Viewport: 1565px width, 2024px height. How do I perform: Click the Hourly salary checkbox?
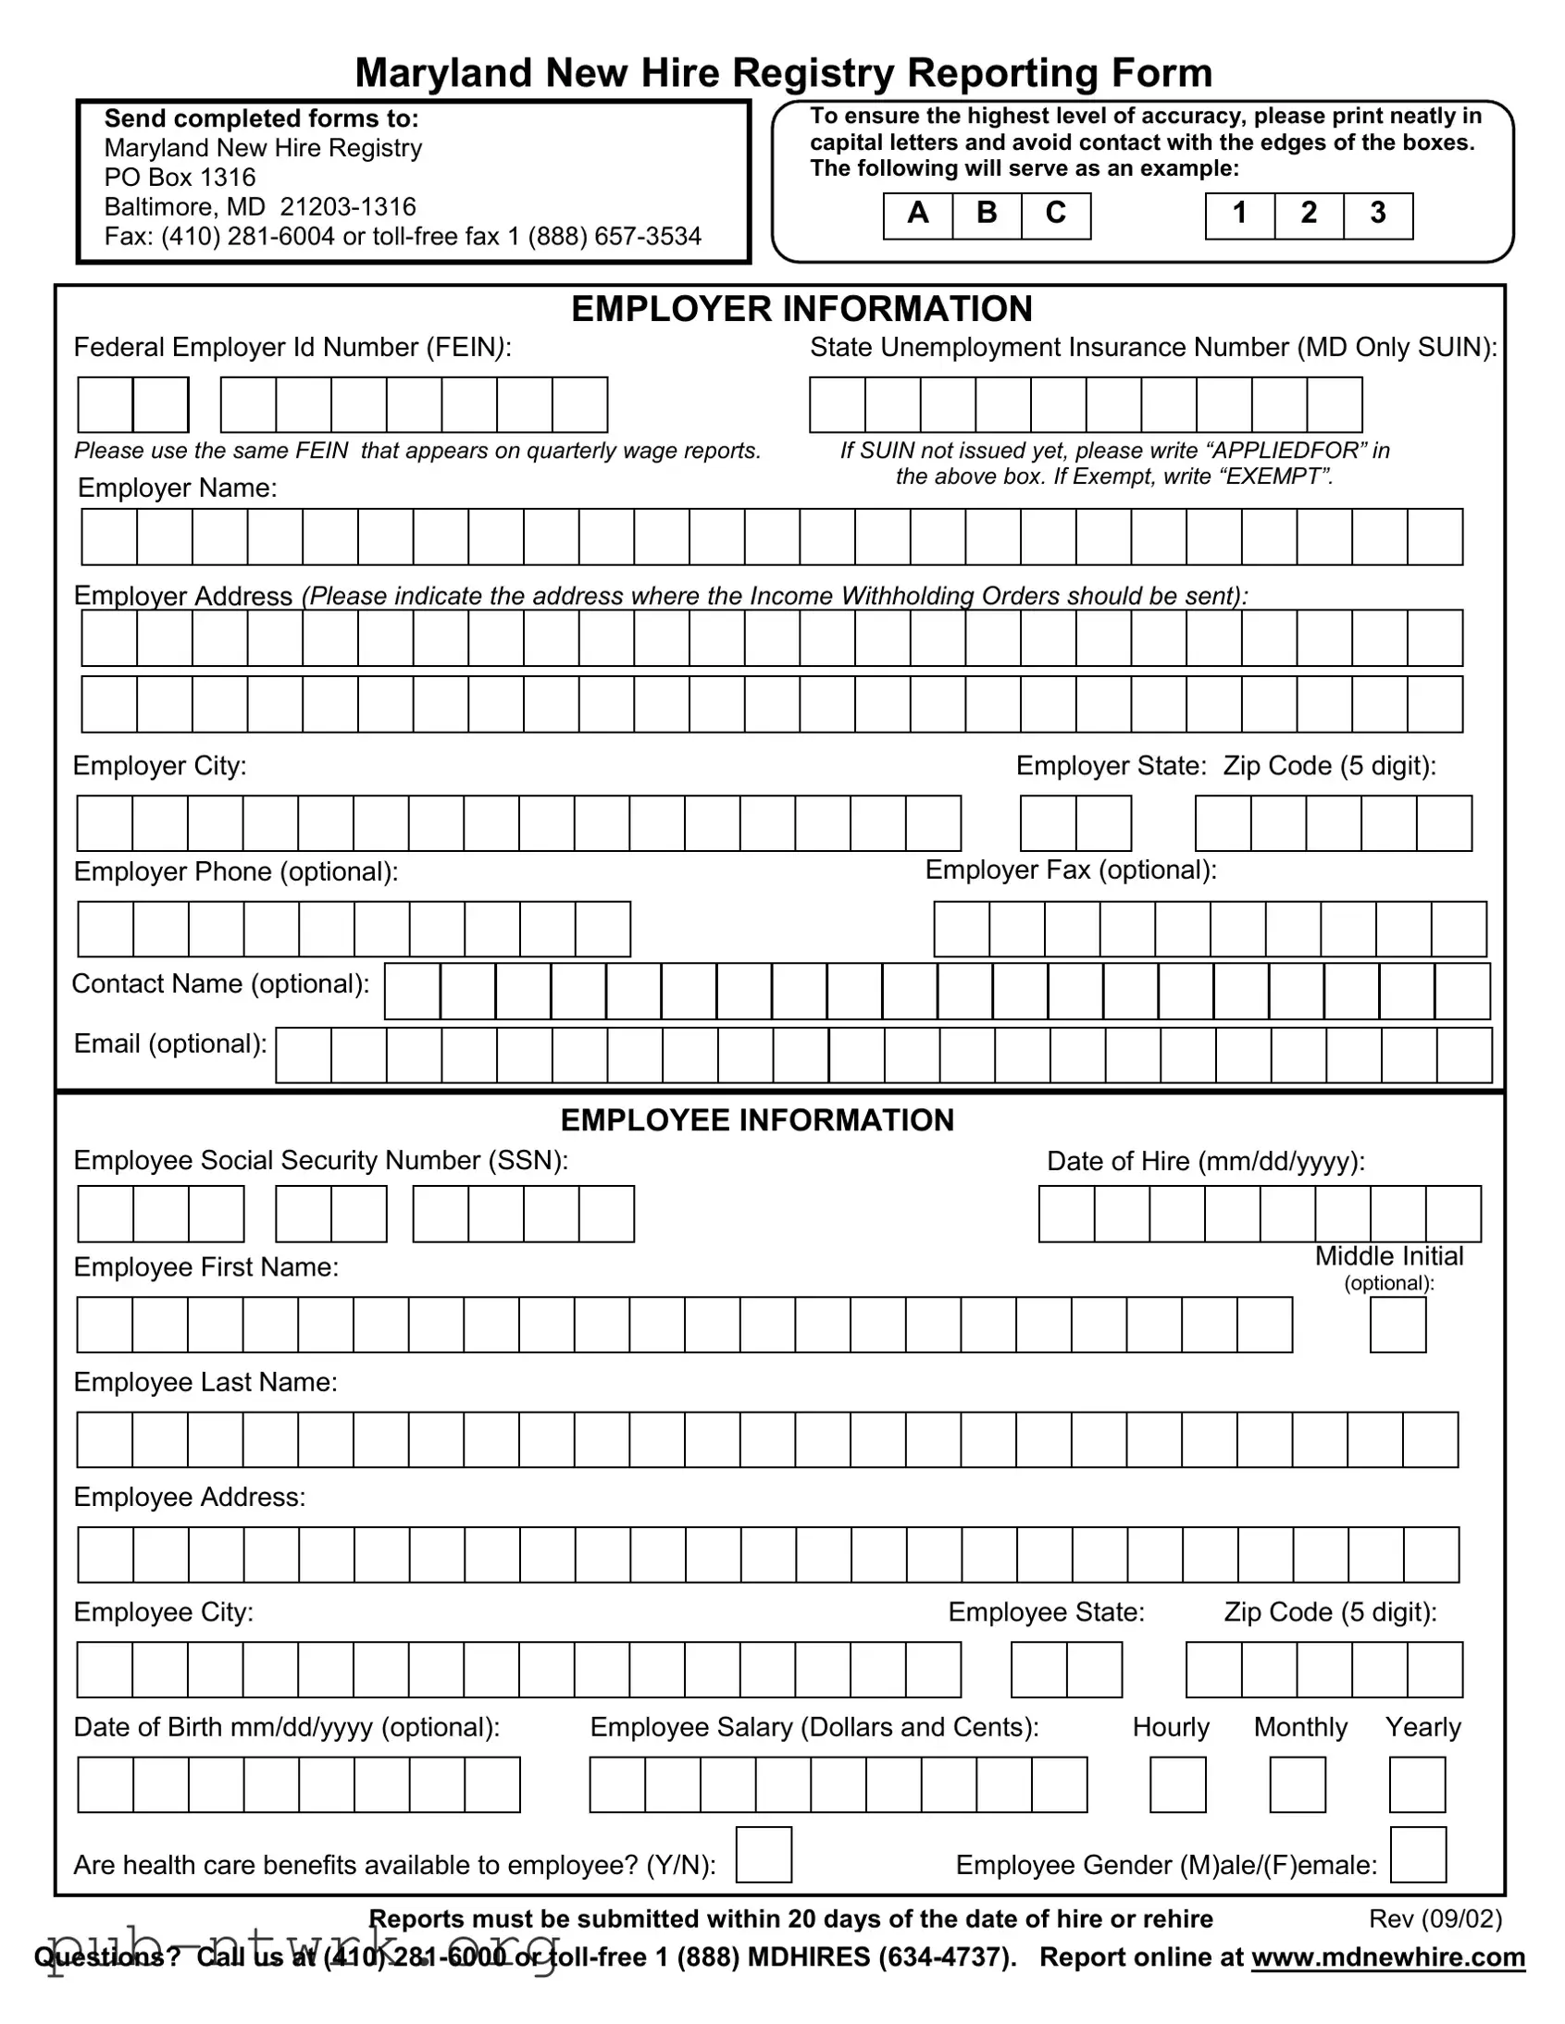coord(1177,1784)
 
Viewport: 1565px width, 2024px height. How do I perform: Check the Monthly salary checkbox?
coord(1297,1784)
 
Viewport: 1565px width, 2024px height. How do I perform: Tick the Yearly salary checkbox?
coord(1417,1784)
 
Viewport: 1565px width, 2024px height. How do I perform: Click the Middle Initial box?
coord(1397,1325)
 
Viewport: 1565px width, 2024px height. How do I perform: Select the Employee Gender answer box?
coord(1418,1855)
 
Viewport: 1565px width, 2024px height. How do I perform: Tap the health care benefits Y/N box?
coord(763,1855)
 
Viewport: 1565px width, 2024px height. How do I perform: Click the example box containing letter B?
coord(987,215)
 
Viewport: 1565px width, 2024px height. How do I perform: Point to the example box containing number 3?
coord(1378,215)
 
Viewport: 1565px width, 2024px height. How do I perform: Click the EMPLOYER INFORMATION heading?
coord(801,309)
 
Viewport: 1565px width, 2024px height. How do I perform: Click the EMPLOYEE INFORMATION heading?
coord(756,1119)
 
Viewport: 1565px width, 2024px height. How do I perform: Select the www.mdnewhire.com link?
coord(1388,1956)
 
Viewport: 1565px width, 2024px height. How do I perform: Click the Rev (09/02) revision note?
coord(1435,1919)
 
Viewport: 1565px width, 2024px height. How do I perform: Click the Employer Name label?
coord(177,487)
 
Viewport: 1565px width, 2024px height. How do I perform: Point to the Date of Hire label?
coord(1205,1161)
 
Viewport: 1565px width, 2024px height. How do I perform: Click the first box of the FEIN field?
coord(106,405)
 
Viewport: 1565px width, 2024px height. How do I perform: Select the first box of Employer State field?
coord(1048,823)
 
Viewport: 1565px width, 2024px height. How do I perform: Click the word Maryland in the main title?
coord(443,72)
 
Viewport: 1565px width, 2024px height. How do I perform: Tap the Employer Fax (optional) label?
coord(1070,870)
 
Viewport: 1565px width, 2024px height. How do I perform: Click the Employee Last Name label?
coord(205,1382)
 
